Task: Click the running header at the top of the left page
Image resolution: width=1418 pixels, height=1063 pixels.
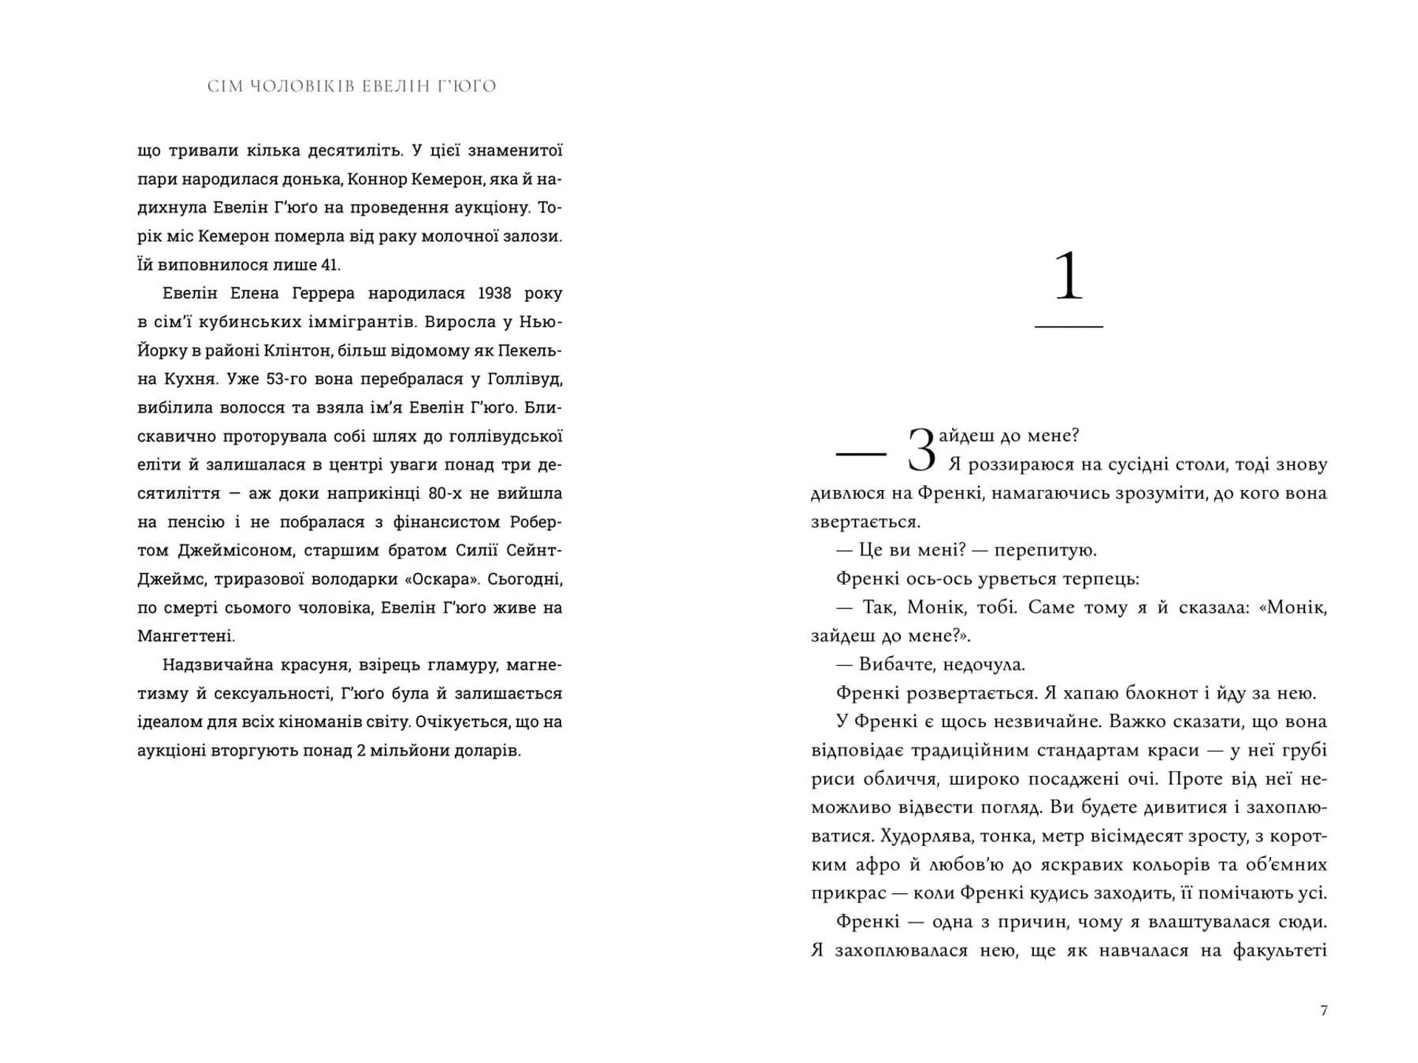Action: pyautogui.click(x=352, y=86)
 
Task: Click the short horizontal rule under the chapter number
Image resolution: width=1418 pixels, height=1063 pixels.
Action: pyautogui.click(x=1068, y=326)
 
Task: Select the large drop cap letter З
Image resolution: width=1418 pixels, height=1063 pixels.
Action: pyautogui.click(x=921, y=450)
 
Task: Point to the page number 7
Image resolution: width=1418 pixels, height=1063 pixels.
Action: pyautogui.click(x=1323, y=1011)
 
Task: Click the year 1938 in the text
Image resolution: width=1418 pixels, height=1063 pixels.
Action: pyautogui.click(x=494, y=293)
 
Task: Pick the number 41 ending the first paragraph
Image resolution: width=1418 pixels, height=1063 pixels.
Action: pyautogui.click(x=330, y=265)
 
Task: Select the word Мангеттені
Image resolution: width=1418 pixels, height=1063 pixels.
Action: pyautogui.click(x=185, y=636)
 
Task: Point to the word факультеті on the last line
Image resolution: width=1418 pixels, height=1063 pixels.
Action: pyautogui.click(x=1280, y=951)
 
